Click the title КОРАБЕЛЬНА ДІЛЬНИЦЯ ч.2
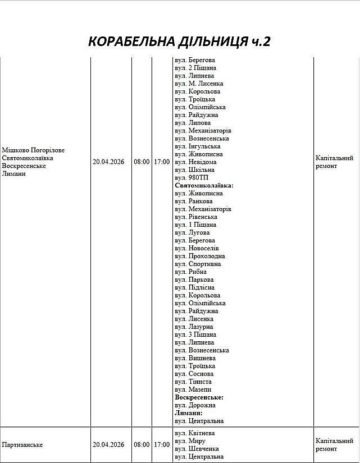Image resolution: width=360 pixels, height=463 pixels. (x=180, y=41)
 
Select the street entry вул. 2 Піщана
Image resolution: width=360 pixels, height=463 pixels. (x=195, y=68)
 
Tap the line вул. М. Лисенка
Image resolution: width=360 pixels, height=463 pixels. (x=199, y=84)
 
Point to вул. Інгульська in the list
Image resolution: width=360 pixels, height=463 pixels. (x=197, y=146)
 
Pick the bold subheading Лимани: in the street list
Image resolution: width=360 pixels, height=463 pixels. (x=188, y=413)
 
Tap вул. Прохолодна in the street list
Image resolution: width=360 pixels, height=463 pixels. (x=199, y=256)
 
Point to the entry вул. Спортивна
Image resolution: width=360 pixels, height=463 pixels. (x=198, y=264)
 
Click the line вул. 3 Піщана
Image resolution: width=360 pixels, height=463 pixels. (x=195, y=334)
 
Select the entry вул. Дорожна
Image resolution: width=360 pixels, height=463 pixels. (x=195, y=405)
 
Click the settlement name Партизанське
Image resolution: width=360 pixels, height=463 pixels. (x=22, y=444)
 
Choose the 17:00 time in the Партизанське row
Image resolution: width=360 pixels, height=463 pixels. (x=162, y=444)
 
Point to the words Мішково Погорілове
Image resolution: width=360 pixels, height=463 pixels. (x=33, y=150)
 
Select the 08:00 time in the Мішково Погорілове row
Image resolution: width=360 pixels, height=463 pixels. (x=142, y=162)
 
